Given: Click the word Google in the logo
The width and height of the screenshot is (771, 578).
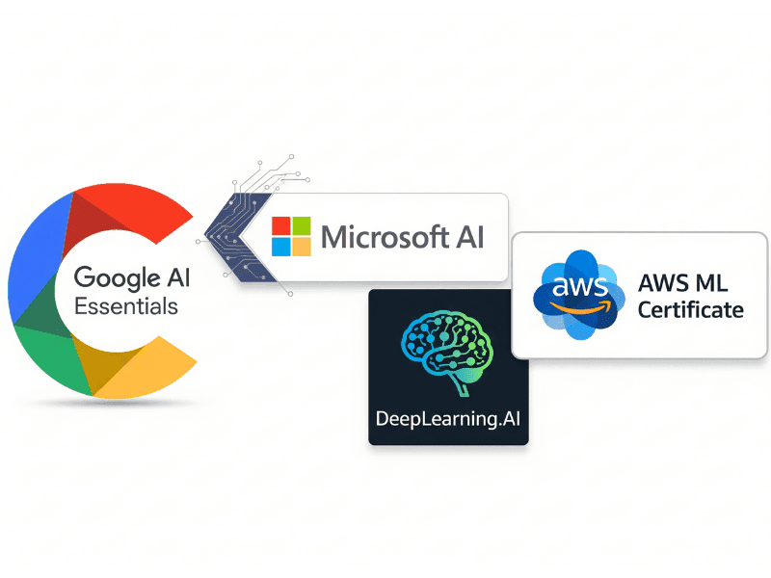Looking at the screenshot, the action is [117, 278].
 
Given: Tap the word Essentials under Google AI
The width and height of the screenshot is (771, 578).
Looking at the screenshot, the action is [126, 306].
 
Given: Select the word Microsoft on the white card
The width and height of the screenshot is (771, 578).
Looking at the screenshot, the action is [385, 237].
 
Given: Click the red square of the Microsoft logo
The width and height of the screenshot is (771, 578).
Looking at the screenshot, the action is [281, 225].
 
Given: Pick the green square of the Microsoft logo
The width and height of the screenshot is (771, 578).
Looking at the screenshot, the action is [302, 225].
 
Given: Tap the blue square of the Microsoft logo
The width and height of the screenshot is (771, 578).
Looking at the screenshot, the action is [281, 247].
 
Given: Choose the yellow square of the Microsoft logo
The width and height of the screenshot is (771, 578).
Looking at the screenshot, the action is [302, 247].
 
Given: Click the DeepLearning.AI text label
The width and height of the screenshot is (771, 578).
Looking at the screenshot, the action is [447, 419].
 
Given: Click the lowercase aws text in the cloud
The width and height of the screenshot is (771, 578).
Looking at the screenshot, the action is [580, 286].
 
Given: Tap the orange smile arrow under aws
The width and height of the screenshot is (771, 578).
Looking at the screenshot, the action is [581, 306].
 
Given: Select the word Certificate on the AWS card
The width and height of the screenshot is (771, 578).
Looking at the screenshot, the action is [690, 309].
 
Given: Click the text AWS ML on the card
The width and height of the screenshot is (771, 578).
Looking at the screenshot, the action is [682, 283].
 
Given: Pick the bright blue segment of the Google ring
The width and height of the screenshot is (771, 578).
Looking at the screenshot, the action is [35, 255].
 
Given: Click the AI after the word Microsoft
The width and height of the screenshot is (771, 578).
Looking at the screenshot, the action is [470, 237].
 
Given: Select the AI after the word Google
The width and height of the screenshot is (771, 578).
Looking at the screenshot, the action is [178, 277].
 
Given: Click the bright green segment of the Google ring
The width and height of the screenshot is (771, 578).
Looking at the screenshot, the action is [54, 358].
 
